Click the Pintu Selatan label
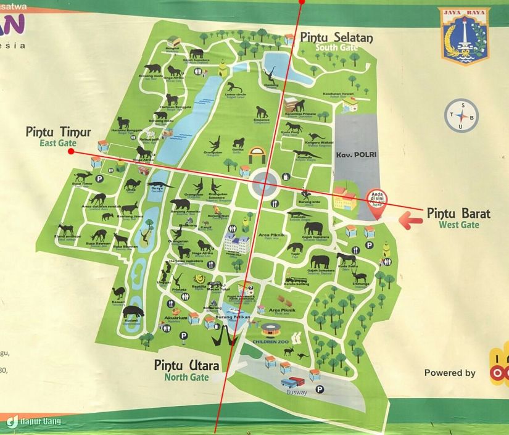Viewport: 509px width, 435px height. (336, 38)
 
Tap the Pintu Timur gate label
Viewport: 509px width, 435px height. (58, 132)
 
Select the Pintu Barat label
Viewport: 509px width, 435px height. (458, 213)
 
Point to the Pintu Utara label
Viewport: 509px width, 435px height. (186, 365)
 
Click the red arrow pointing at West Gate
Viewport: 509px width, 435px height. (410, 218)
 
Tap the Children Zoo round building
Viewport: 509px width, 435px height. (270, 329)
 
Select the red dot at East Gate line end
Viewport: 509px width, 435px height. (72, 150)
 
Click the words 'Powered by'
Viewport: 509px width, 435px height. (450, 373)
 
